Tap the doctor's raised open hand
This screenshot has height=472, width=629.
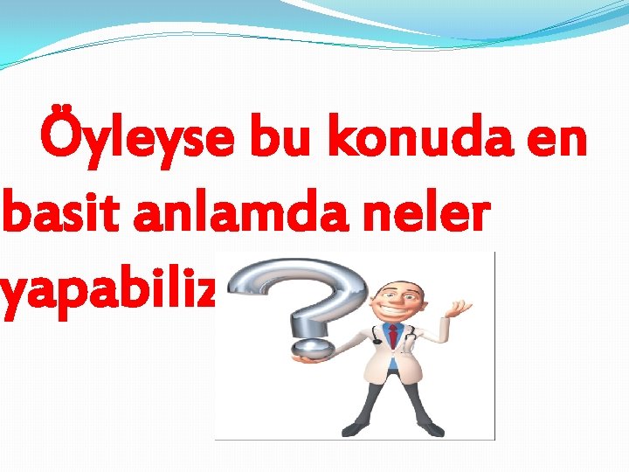coord(459,309)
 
